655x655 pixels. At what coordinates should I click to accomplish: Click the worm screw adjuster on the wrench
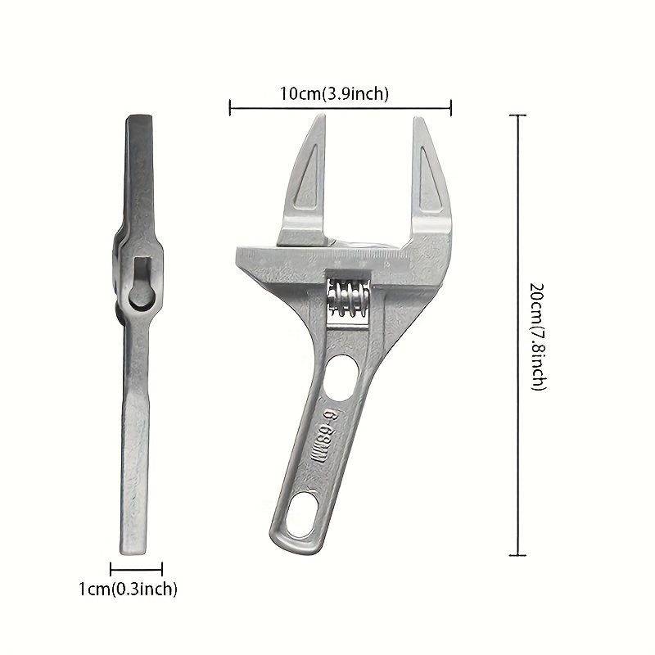coord(349,296)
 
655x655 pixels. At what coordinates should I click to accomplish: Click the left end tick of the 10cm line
coord(230,106)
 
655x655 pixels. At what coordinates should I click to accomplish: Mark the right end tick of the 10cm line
coord(451,106)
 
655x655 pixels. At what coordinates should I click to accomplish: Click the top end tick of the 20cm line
coord(517,115)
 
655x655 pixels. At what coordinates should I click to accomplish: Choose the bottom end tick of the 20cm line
coord(517,556)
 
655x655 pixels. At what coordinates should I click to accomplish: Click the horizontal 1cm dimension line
coord(137,568)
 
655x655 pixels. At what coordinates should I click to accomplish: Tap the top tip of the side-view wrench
coord(137,119)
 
